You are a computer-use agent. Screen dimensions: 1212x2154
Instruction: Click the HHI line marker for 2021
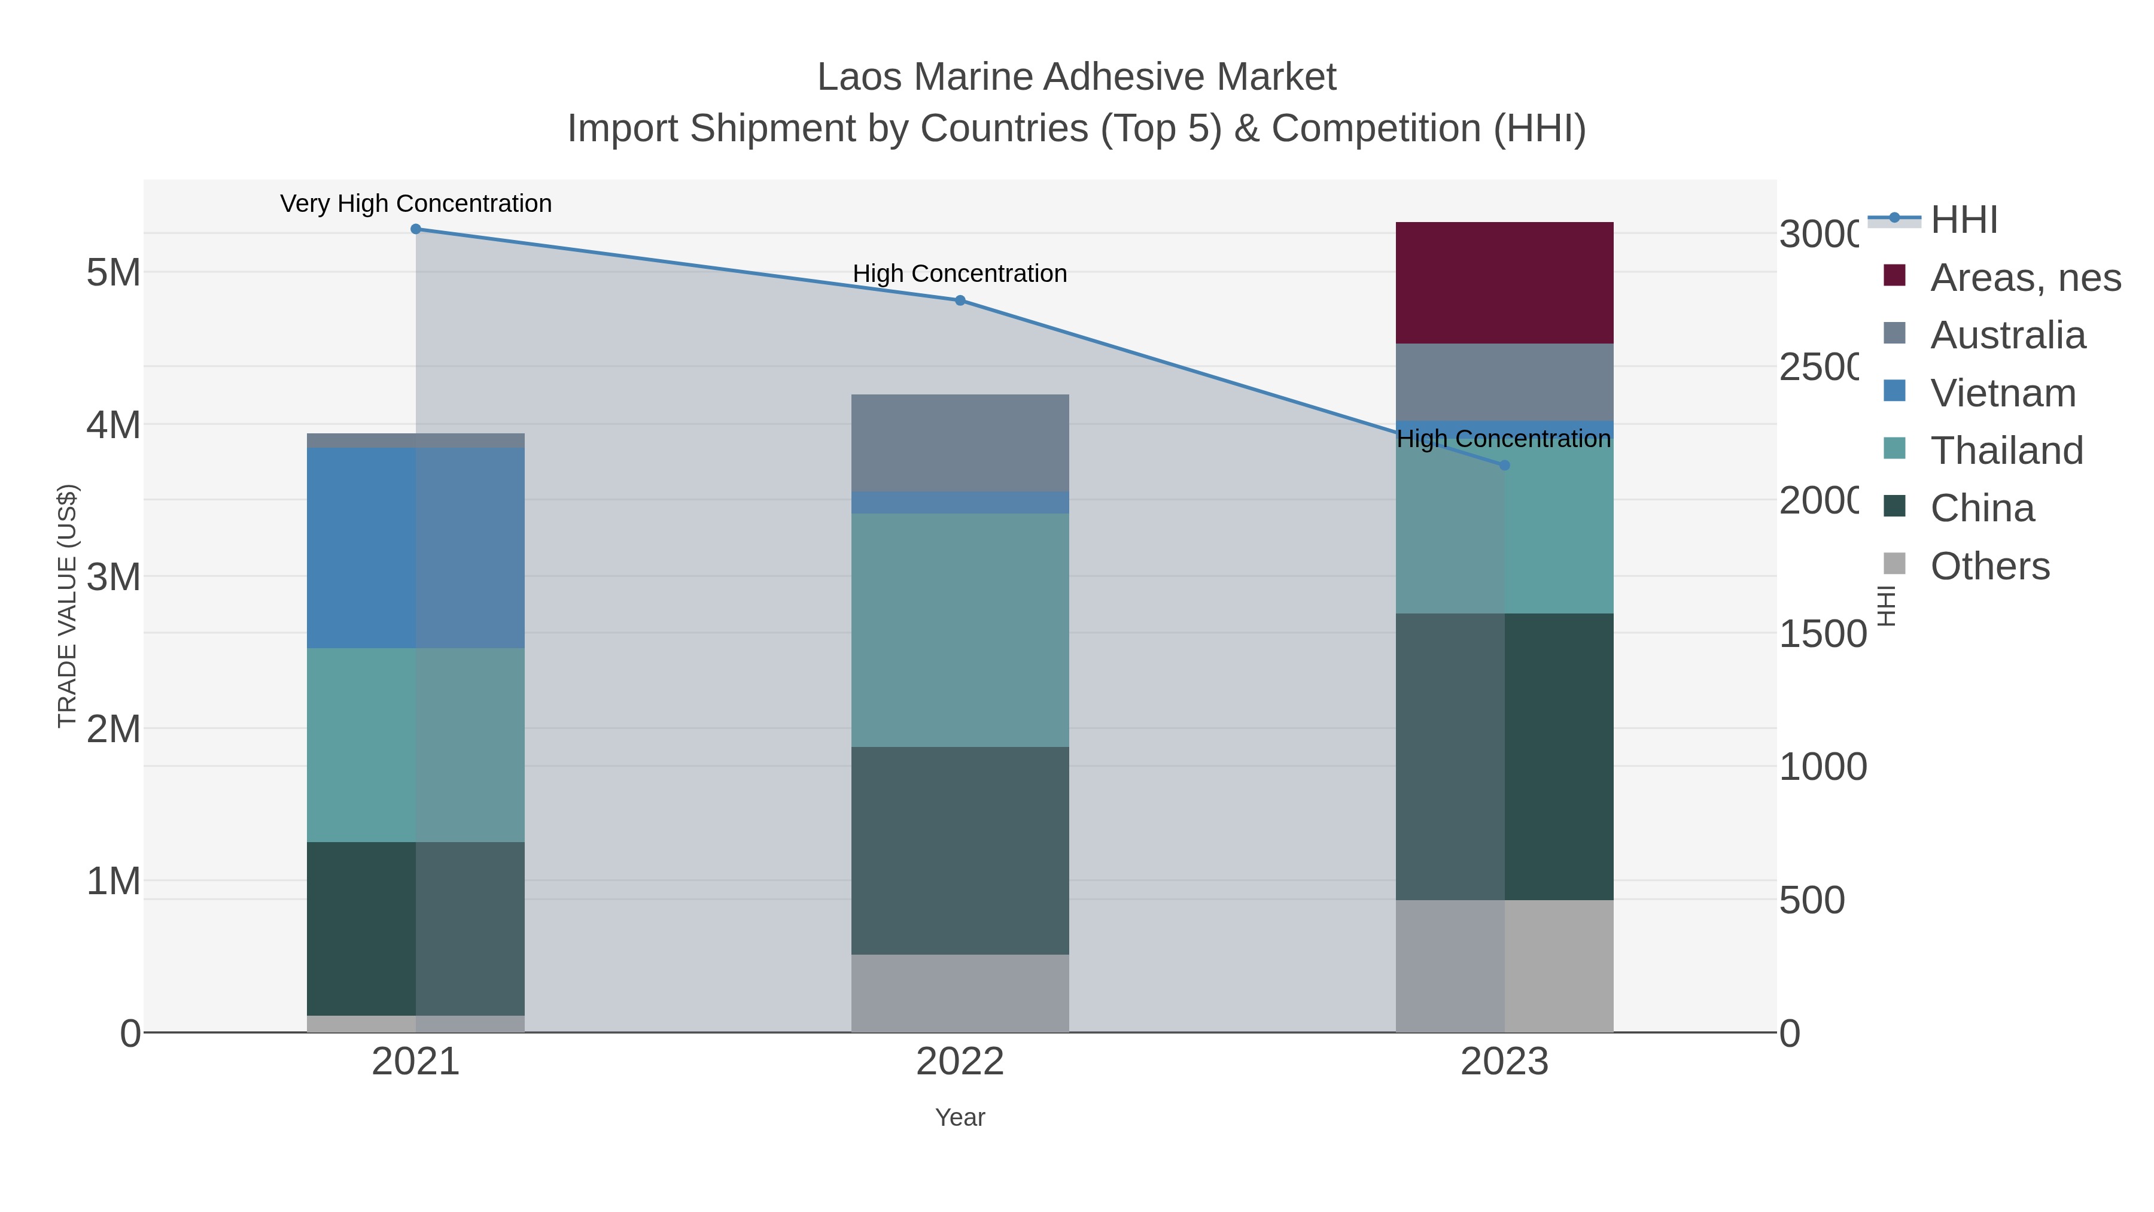(416, 229)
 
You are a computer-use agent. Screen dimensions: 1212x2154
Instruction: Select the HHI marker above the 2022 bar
(960, 300)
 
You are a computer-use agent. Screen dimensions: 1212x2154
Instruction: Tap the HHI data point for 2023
(1504, 465)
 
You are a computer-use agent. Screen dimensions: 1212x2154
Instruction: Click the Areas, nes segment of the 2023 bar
(1504, 283)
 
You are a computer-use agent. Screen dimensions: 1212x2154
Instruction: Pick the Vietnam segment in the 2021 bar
(416, 548)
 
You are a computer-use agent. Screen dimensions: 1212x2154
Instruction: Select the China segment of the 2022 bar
(960, 850)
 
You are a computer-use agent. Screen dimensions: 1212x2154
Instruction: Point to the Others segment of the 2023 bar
(1504, 965)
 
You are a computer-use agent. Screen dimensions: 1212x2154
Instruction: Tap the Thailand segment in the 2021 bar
(416, 745)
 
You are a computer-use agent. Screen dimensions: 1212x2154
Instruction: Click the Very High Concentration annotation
(416, 203)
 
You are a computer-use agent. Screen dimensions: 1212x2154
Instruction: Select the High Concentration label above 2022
(960, 274)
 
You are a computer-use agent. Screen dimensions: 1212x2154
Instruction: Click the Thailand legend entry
(2006, 451)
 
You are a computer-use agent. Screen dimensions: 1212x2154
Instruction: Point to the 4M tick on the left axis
(114, 425)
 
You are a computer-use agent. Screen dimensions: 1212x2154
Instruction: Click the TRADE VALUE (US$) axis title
(67, 606)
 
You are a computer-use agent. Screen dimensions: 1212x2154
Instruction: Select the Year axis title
(960, 1117)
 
